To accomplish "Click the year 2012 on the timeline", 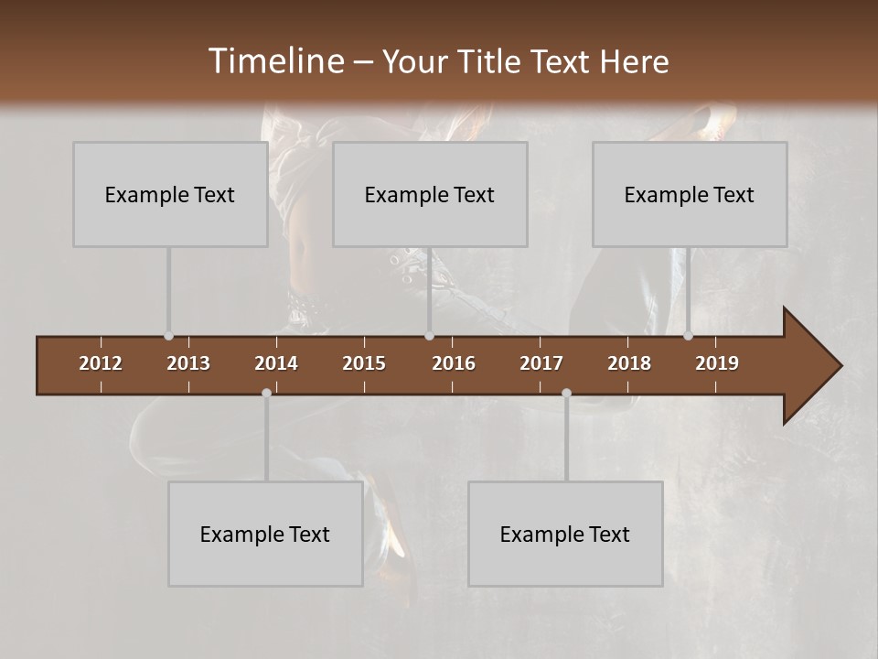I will tap(101, 363).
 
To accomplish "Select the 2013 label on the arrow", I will tap(188, 363).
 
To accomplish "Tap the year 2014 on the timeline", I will tap(276, 363).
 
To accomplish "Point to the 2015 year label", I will tap(364, 363).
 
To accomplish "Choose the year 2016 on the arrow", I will tap(454, 363).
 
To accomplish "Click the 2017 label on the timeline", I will tap(541, 363).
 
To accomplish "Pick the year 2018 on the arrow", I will tap(629, 363).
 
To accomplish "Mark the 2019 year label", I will tap(717, 363).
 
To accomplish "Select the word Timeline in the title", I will tap(275, 61).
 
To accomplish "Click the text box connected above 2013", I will tap(170, 194).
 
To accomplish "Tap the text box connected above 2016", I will tap(430, 194).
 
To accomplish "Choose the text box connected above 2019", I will tap(690, 194).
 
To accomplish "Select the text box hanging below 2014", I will tap(265, 534).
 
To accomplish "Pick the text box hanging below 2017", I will tap(565, 534).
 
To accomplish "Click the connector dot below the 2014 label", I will tap(266, 393).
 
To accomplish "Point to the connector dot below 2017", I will tap(566, 393).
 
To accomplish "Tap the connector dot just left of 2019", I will tap(689, 336).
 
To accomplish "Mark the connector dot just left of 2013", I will tap(168, 336).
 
